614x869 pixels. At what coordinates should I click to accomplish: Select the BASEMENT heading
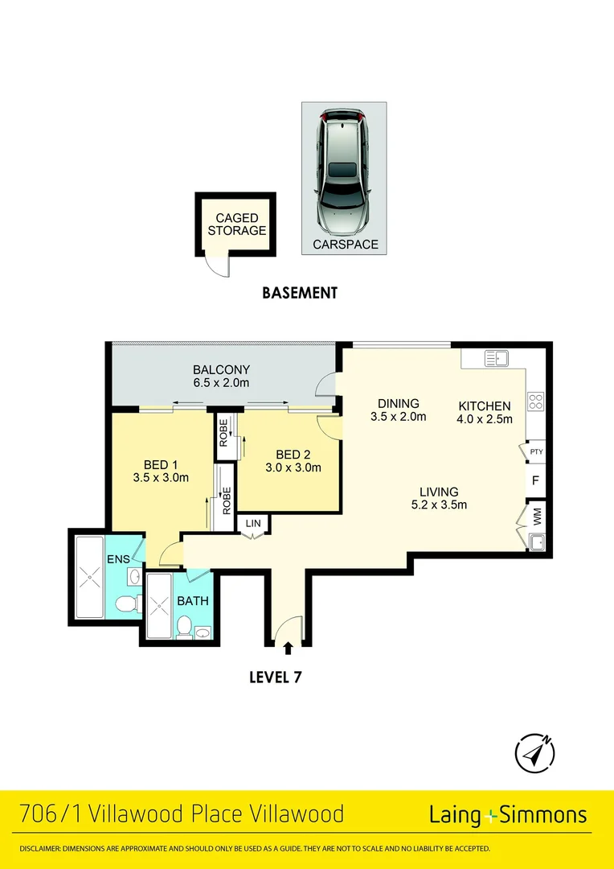(x=300, y=293)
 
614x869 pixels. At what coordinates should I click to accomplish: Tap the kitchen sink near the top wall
(x=496, y=359)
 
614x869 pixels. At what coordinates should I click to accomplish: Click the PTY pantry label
(x=536, y=451)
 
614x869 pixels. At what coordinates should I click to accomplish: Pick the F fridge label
(x=536, y=482)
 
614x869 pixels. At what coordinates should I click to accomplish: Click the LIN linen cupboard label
(x=253, y=524)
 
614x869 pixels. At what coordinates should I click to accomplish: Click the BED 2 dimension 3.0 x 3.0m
(x=293, y=467)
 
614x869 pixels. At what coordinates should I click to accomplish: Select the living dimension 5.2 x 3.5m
(x=439, y=505)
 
